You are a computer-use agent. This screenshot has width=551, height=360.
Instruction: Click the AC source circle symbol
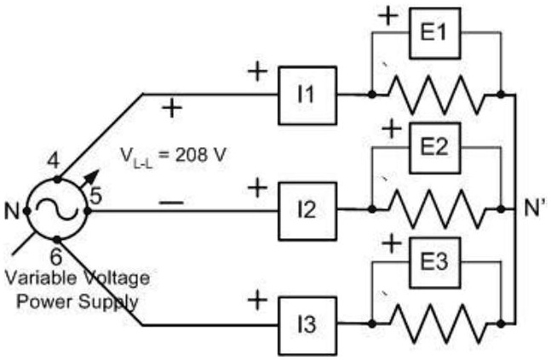[x=56, y=209]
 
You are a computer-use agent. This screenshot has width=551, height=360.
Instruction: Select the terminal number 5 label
[x=96, y=196]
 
